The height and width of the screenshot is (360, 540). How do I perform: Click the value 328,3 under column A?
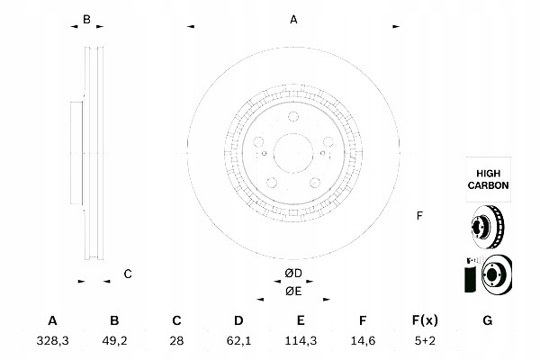coord(53,341)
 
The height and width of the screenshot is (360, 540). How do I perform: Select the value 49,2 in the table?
coord(114,341)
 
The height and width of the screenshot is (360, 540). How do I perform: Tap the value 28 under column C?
coord(176,341)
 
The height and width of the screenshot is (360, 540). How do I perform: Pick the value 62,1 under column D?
coord(238,341)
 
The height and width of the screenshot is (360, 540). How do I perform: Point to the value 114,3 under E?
coord(301,341)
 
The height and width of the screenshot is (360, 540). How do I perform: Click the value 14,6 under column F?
coord(363,341)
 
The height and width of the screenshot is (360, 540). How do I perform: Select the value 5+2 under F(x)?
coord(425,341)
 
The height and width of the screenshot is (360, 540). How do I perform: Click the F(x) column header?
coord(425,320)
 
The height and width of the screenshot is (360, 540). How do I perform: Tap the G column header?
coord(488,320)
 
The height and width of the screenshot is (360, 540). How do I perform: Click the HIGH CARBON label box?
coord(489,179)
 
